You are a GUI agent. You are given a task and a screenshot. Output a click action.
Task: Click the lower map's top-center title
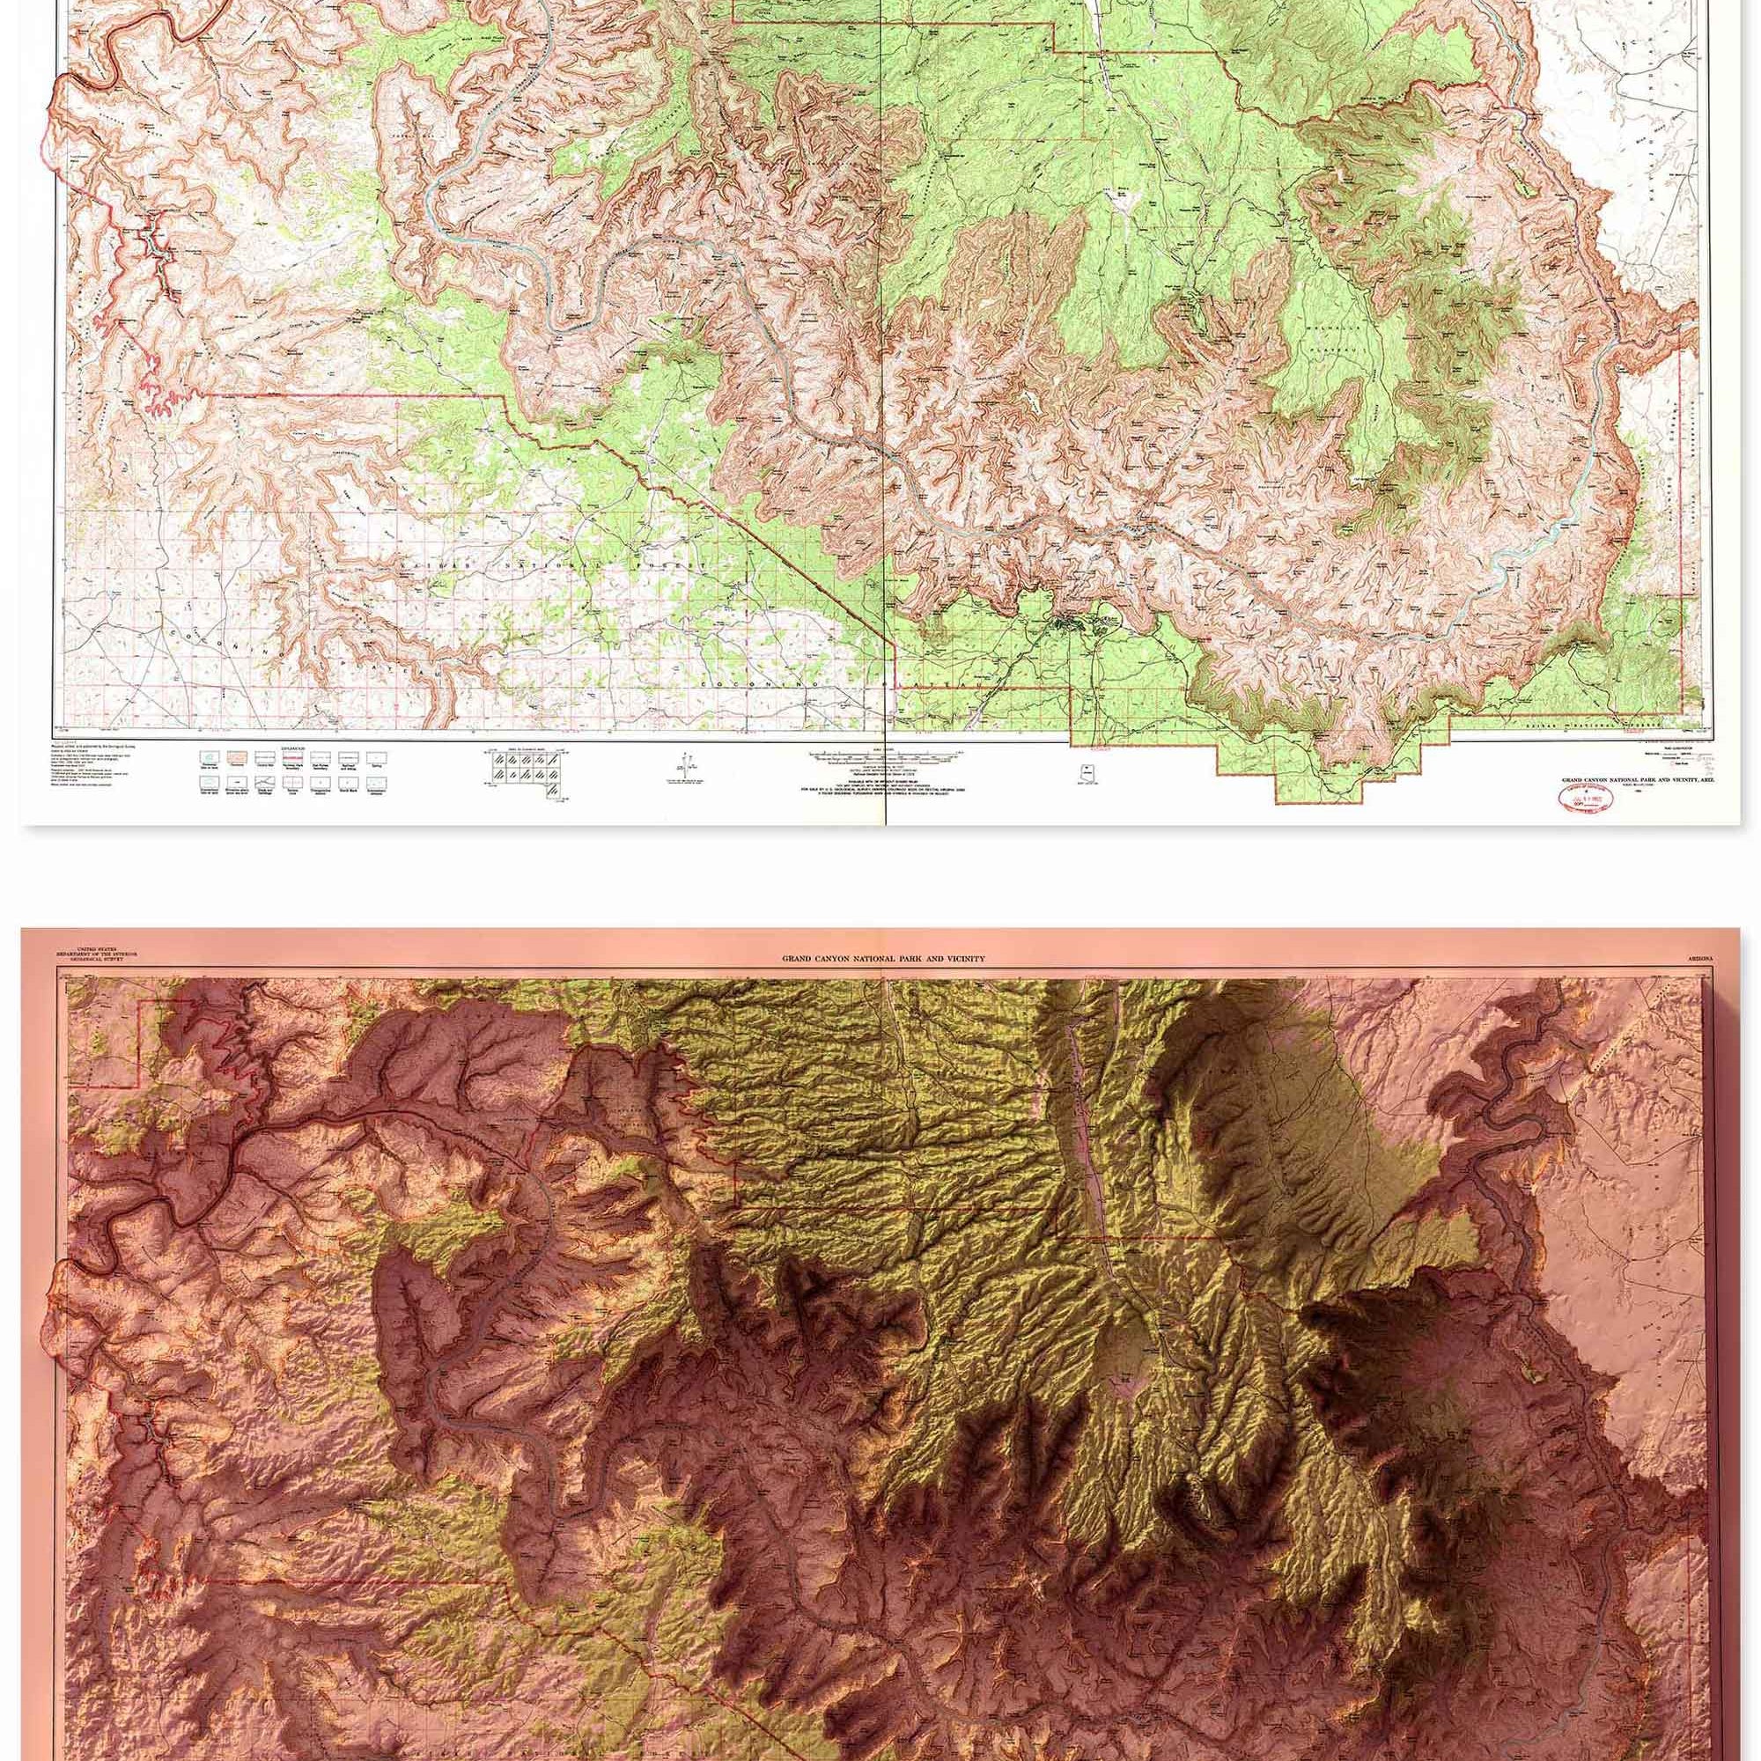pyautogui.click(x=882, y=959)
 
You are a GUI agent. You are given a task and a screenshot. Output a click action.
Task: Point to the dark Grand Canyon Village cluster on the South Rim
pyautogui.click(x=1066, y=625)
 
